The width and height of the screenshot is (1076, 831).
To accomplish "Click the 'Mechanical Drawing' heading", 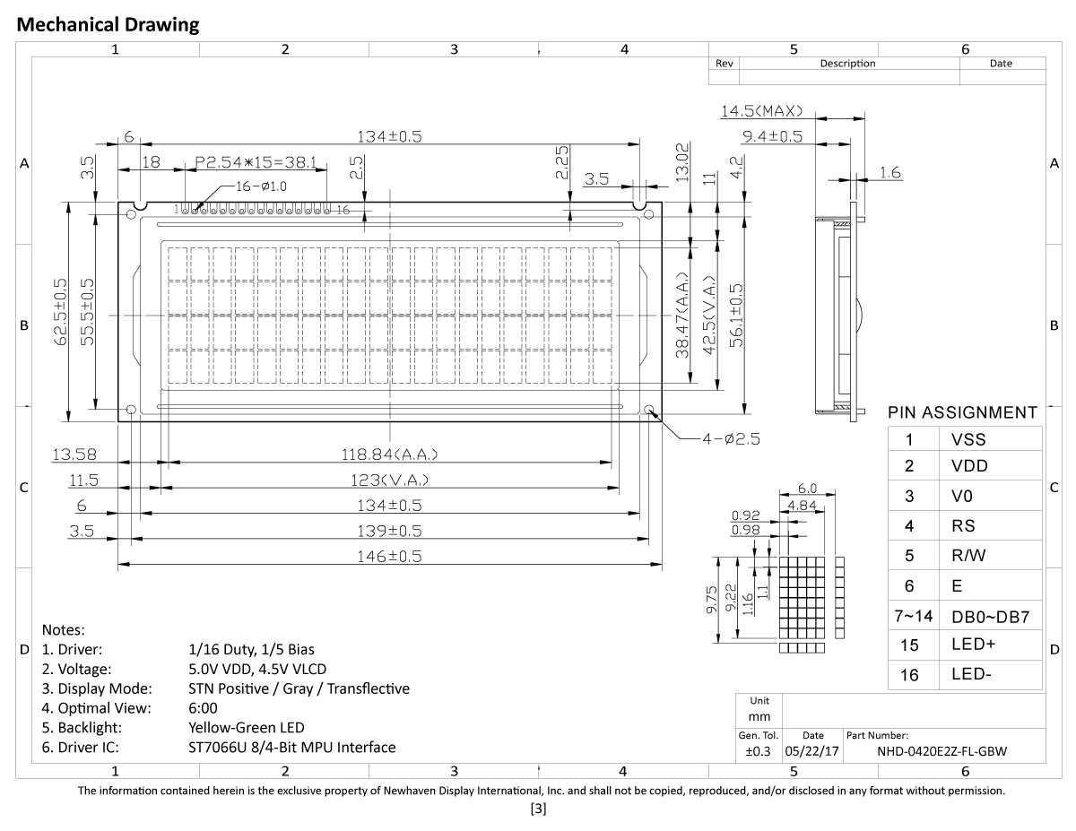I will click(108, 25).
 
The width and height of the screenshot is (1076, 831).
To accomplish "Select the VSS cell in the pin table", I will click(968, 439).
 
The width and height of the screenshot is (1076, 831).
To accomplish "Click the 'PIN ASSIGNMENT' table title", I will click(962, 413).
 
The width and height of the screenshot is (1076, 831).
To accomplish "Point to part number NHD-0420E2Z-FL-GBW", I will click(941, 751).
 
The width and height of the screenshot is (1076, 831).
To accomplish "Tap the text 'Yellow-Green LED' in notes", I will click(246, 727).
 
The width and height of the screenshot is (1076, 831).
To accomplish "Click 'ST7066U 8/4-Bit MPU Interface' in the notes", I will click(291, 747).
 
